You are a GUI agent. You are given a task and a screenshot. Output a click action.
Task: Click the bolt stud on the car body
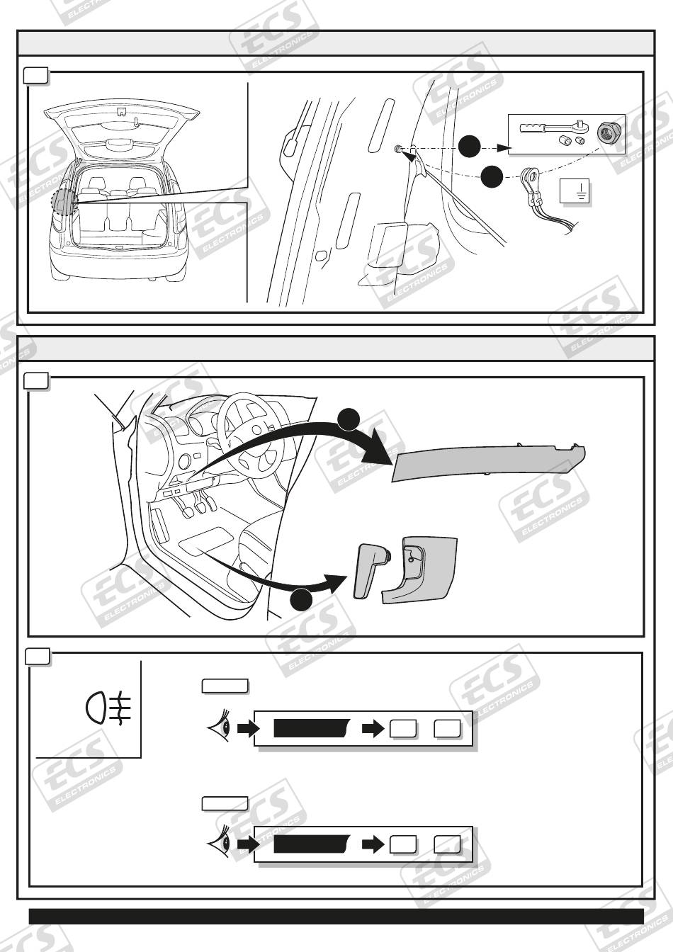(x=400, y=148)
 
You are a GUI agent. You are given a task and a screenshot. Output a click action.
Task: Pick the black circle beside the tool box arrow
(x=469, y=146)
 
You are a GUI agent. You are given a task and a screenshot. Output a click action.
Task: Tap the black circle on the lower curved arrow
(x=302, y=599)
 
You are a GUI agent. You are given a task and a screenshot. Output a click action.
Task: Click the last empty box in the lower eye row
(x=447, y=844)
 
